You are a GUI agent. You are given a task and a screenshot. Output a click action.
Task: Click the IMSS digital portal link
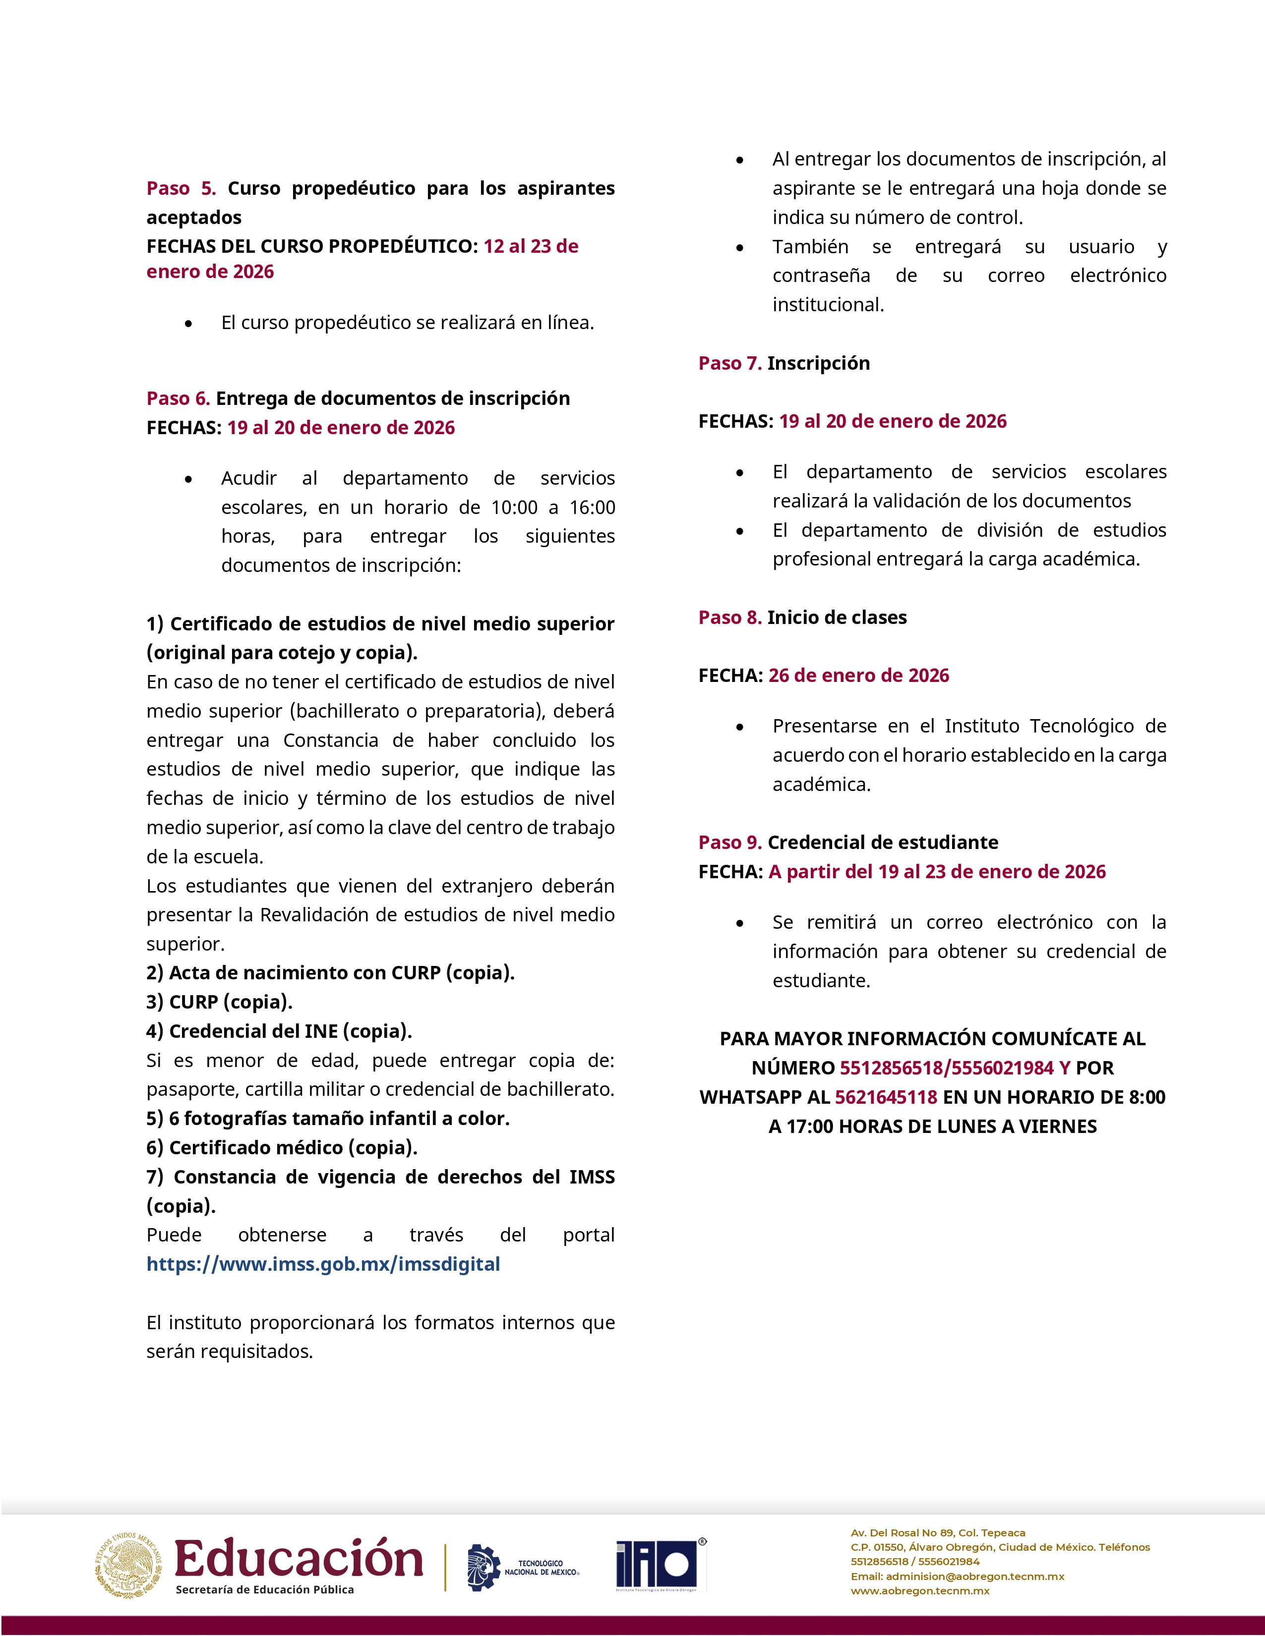(323, 1264)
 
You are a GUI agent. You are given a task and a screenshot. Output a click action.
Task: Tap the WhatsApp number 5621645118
(886, 1097)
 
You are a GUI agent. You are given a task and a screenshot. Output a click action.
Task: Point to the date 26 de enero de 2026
(858, 675)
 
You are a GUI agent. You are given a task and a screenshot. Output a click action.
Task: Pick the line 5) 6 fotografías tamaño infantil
(327, 1119)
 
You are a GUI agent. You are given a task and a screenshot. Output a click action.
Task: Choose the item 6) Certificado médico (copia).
(282, 1148)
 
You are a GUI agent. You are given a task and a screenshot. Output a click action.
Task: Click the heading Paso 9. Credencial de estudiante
(847, 842)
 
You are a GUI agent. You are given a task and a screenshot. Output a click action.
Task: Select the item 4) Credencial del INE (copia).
(279, 1031)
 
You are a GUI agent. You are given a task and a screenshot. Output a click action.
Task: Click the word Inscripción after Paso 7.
(818, 363)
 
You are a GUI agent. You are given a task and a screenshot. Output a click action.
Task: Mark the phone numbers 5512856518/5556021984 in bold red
(947, 1068)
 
